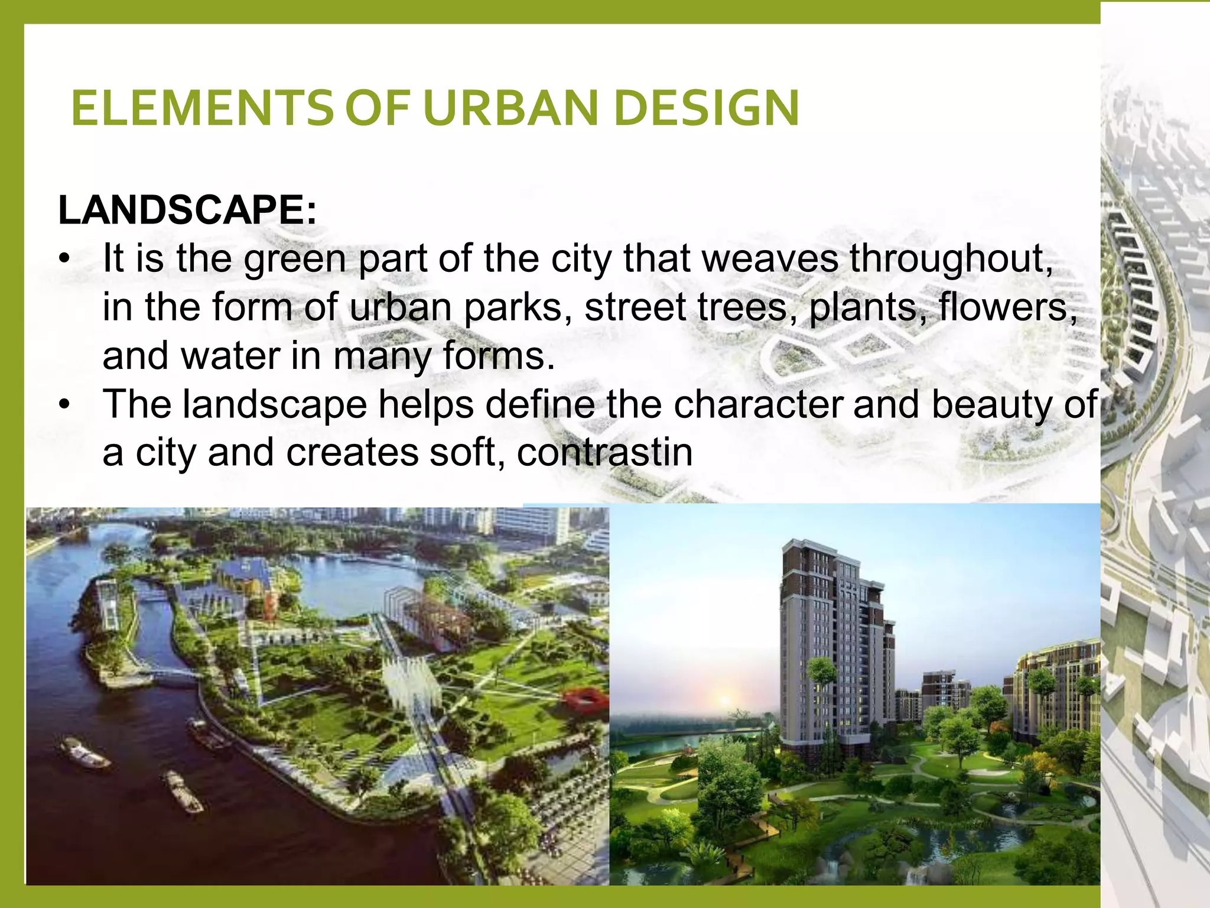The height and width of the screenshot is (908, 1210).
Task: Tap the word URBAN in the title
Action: click(511, 108)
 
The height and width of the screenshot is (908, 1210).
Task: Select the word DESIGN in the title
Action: click(707, 108)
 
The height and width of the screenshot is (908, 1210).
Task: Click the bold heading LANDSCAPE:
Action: click(187, 210)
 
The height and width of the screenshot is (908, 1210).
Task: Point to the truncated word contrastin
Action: click(604, 453)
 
